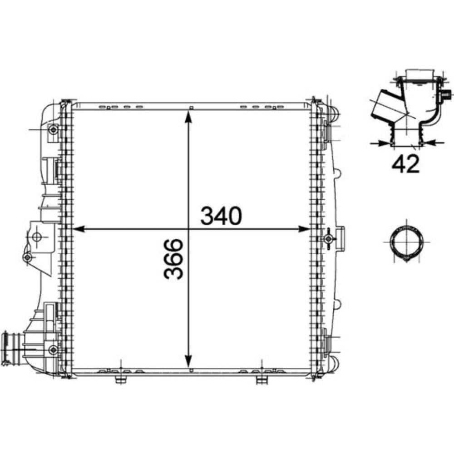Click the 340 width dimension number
click(221, 216)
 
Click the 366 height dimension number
click(173, 259)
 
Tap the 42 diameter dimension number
click(405, 164)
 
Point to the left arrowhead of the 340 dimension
click(78, 229)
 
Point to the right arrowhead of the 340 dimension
click(304, 229)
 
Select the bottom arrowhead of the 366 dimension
click(188, 361)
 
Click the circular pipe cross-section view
click(406, 241)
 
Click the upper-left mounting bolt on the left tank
click(53, 129)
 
